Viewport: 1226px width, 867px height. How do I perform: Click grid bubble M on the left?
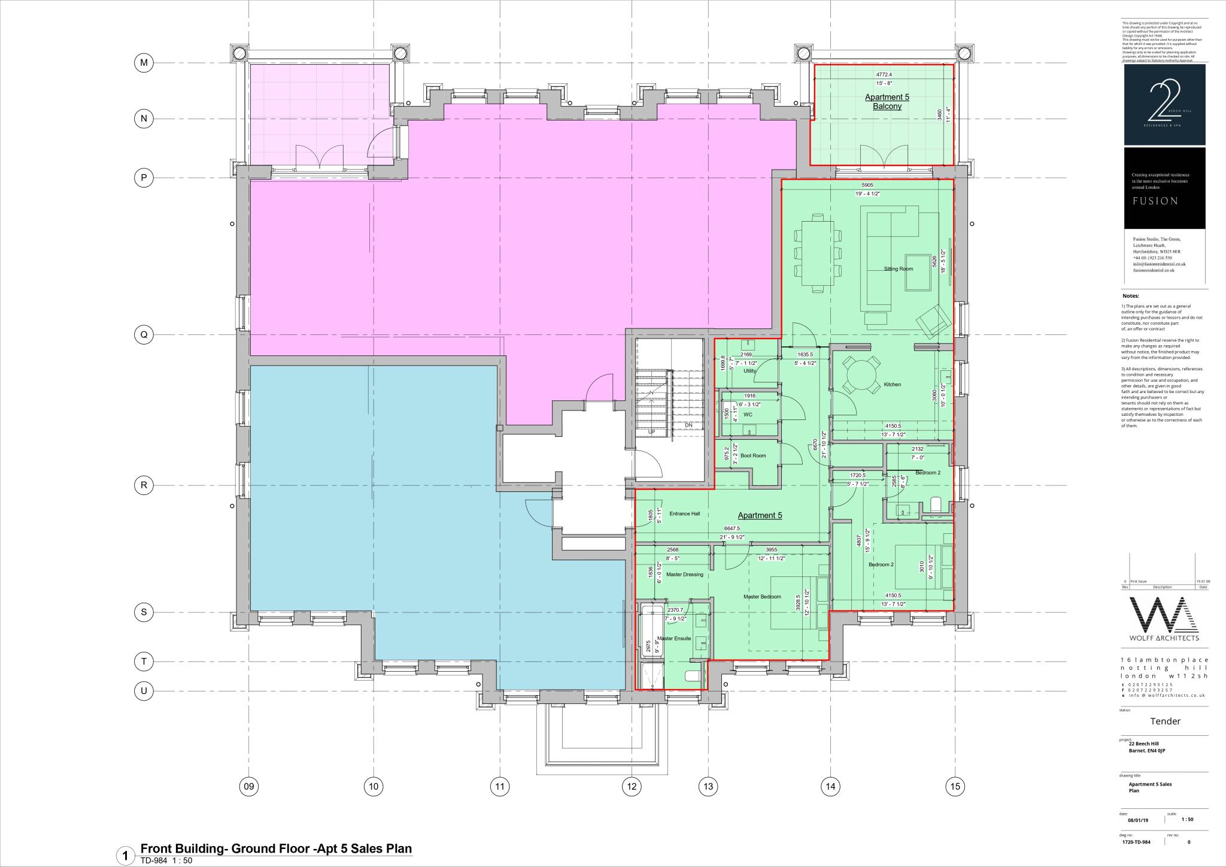pos(144,62)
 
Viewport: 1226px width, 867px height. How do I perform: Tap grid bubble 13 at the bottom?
pos(708,786)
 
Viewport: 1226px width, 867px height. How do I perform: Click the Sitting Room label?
pos(898,269)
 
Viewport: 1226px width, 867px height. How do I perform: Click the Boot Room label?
pos(752,455)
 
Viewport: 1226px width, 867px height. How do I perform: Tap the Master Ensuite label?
pos(674,638)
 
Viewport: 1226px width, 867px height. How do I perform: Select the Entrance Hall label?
pos(684,513)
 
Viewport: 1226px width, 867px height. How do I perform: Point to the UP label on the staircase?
pos(652,431)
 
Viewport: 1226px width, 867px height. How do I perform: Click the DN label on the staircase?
pos(688,425)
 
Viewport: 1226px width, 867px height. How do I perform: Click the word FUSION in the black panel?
pos(1155,201)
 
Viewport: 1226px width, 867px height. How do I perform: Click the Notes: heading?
pos(1130,296)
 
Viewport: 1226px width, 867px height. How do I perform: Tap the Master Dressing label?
pos(684,575)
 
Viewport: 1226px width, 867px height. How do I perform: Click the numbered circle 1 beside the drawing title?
pos(125,855)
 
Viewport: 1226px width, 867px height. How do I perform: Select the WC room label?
pos(747,415)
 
